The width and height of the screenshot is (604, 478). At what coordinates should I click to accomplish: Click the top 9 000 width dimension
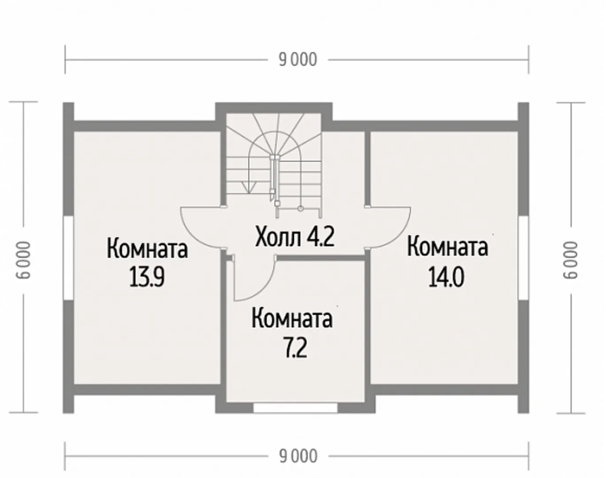[x=298, y=60]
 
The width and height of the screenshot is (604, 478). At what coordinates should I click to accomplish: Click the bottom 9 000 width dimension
[x=298, y=456]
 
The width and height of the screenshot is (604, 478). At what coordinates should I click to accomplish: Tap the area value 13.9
[x=147, y=277]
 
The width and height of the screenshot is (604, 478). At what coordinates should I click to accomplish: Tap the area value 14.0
[x=446, y=277]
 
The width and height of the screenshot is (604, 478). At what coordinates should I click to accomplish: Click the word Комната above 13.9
[x=147, y=248]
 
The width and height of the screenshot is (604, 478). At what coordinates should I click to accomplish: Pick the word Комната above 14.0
[x=448, y=247]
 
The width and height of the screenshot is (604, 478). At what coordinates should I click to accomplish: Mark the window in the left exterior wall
[x=69, y=258]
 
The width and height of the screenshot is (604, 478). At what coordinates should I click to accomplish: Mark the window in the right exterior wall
[x=523, y=258]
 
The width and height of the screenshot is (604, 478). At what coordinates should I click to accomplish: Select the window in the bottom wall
[x=295, y=409]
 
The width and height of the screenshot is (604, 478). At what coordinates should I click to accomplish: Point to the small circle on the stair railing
[x=300, y=208]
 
